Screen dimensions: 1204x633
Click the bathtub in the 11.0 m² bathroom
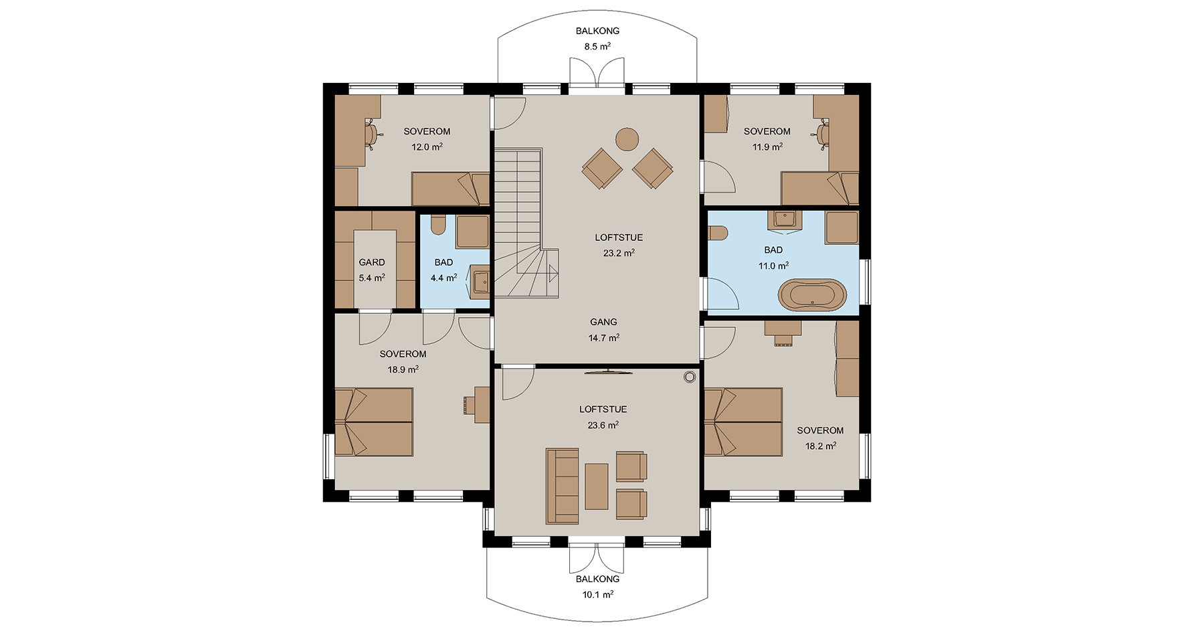(x=813, y=295)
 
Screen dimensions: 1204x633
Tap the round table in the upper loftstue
(x=627, y=139)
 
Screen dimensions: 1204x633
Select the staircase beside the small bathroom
(x=525, y=225)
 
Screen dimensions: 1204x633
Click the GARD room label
(x=372, y=262)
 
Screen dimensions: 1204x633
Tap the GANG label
(x=603, y=322)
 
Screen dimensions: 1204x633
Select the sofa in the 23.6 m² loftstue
(x=563, y=486)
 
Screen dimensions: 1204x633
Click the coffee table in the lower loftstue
(x=597, y=486)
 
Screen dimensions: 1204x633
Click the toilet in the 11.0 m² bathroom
(x=718, y=232)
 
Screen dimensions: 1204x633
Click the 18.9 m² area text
(x=403, y=369)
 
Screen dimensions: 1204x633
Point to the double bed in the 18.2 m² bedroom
(x=743, y=422)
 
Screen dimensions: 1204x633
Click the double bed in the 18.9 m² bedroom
(x=373, y=422)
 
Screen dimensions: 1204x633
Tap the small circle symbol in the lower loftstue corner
(x=689, y=377)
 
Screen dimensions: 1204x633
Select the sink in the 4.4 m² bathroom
(x=480, y=282)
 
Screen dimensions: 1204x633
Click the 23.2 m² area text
(x=619, y=254)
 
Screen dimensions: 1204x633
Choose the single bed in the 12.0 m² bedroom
(x=450, y=189)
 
